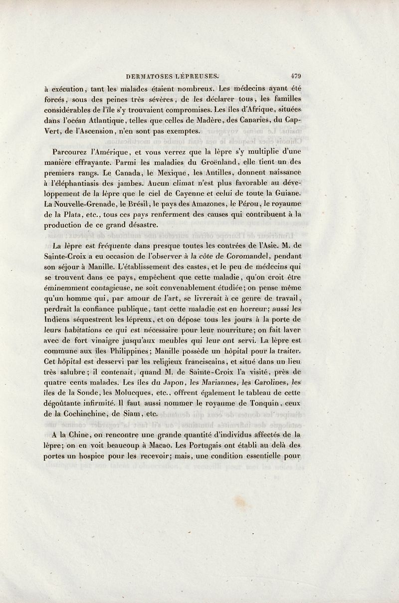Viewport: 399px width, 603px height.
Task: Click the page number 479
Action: point(296,76)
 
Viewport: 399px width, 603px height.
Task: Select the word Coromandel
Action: point(241,254)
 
